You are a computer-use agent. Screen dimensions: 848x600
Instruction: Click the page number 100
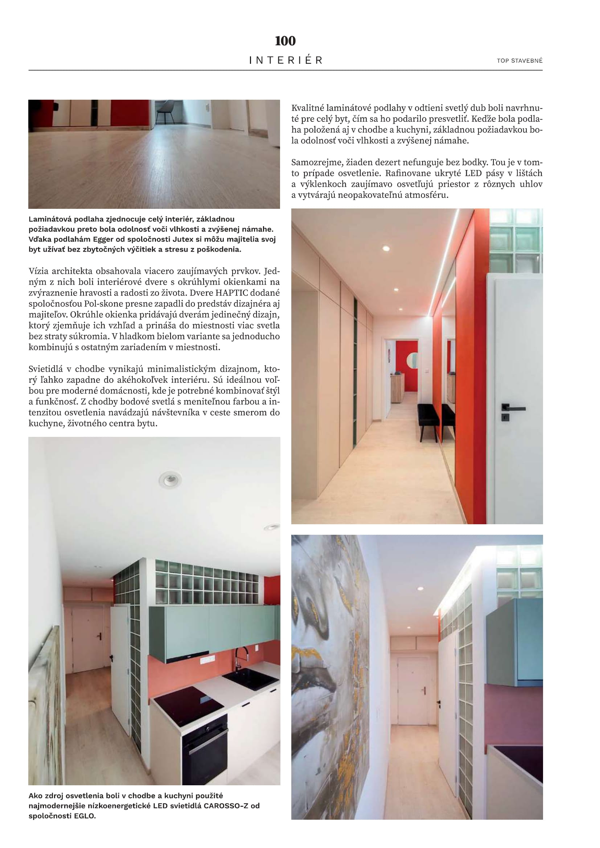pyautogui.click(x=285, y=41)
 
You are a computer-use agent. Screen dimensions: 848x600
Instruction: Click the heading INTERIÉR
pyautogui.click(x=285, y=60)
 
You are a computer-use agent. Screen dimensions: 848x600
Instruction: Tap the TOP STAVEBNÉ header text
pyautogui.click(x=519, y=61)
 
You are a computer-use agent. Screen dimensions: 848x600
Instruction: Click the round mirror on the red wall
pyautogui.click(x=412, y=360)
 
